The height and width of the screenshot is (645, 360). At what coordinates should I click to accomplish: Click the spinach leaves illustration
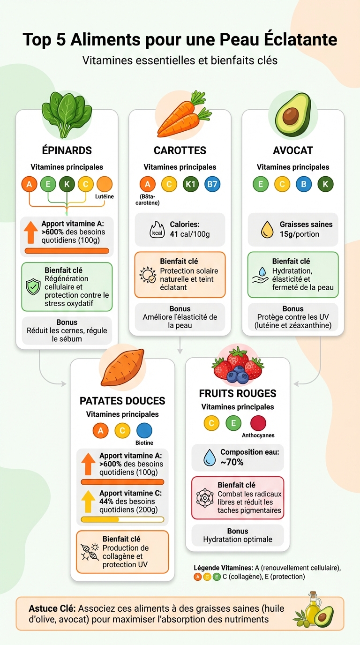pyautogui.click(x=67, y=114)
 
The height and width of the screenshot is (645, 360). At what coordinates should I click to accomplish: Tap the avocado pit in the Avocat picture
pyautogui.click(x=291, y=115)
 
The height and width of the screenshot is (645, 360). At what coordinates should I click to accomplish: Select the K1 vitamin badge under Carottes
pyautogui.click(x=190, y=184)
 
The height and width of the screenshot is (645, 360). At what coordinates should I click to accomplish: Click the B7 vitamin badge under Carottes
pyautogui.click(x=212, y=184)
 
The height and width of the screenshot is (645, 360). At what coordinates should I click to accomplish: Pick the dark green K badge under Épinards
pyautogui.click(x=67, y=184)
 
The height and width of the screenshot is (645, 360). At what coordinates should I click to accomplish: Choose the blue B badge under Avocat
pyautogui.click(x=304, y=184)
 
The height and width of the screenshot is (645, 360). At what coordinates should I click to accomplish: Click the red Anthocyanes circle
pyautogui.click(x=258, y=423)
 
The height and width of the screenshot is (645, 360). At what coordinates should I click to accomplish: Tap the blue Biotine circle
pyautogui.click(x=144, y=431)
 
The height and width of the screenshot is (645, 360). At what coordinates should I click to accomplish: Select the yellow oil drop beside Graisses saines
pyautogui.click(x=267, y=229)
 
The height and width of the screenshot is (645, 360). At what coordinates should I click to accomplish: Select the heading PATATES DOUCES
pyautogui.click(x=122, y=401)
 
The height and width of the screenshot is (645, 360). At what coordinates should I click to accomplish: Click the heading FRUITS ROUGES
pyautogui.click(x=238, y=393)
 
